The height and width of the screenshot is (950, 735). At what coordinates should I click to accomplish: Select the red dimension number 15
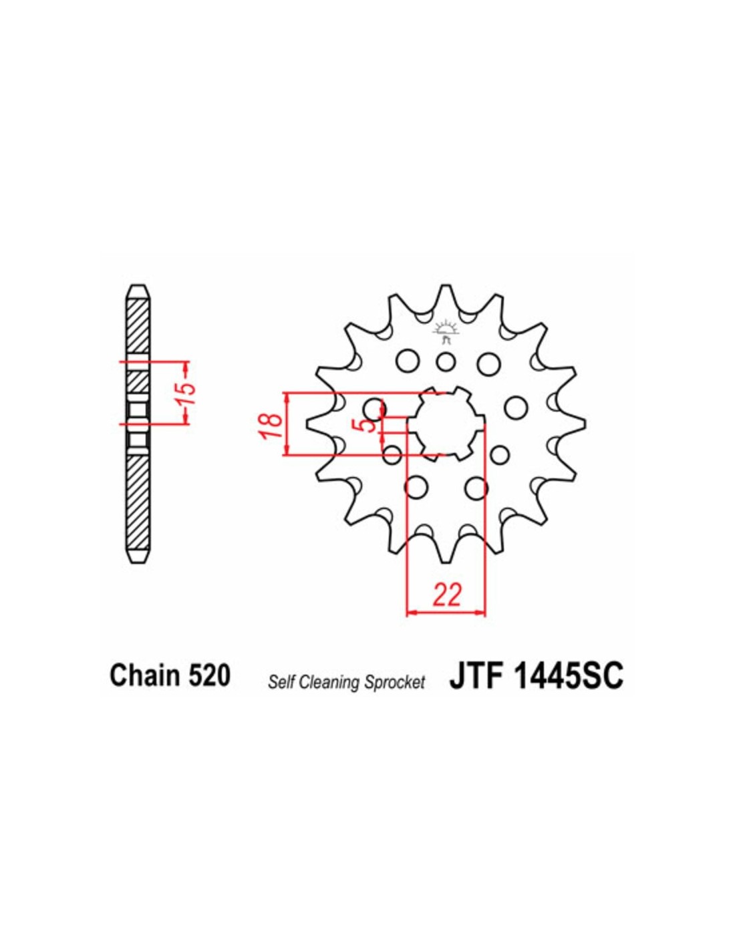[x=186, y=393]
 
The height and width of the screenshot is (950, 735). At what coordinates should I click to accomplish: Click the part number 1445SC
[x=569, y=687]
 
